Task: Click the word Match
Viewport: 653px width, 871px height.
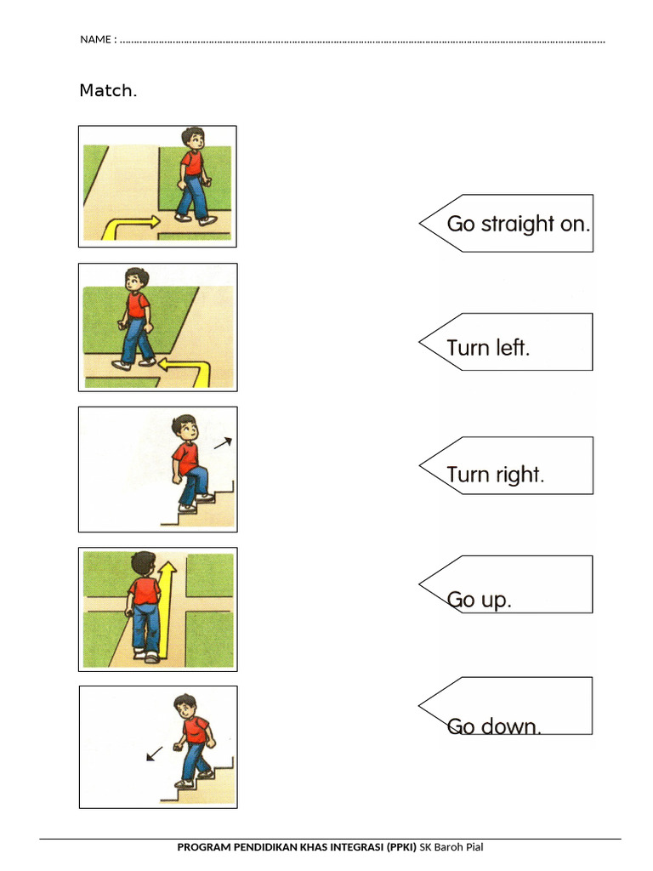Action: point(108,90)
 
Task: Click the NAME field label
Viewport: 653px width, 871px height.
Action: point(99,39)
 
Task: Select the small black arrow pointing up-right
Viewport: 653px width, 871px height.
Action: point(224,442)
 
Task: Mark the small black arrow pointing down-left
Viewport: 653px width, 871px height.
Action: point(155,754)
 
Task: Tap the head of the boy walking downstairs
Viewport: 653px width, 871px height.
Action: point(186,707)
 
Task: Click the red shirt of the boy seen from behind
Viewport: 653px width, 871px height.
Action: point(145,590)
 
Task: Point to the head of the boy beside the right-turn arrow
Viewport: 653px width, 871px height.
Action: point(194,139)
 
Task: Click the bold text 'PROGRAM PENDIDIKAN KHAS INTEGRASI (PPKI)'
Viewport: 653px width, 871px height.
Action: point(297,847)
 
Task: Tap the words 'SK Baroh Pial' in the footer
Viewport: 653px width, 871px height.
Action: point(451,847)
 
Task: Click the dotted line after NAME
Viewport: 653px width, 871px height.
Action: point(362,42)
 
